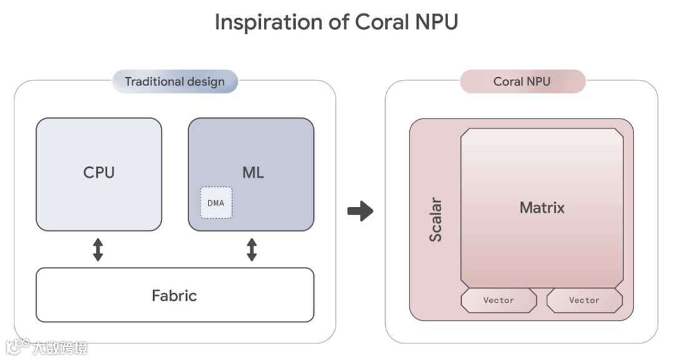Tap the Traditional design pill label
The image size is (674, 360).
tap(175, 82)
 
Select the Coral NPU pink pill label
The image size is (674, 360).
tap(522, 82)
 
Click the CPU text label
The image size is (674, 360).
tap(99, 173)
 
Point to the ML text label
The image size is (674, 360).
tap(252, 173)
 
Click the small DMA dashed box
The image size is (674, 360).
tap(215, 203)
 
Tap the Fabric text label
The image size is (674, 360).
tap(174, 295)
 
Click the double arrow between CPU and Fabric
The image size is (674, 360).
tap(98, 250)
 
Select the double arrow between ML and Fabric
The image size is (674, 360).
tap(252, 250)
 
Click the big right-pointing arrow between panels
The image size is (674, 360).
tap(360, 211)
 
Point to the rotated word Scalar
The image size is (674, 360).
tap(436, 220)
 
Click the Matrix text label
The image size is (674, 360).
tap(542, 208)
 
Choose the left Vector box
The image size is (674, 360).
tap(498, 300)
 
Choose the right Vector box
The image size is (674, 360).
tap(584, 300)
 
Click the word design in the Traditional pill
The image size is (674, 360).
tap(205, 82)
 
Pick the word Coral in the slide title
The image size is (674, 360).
tap(381, 22)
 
